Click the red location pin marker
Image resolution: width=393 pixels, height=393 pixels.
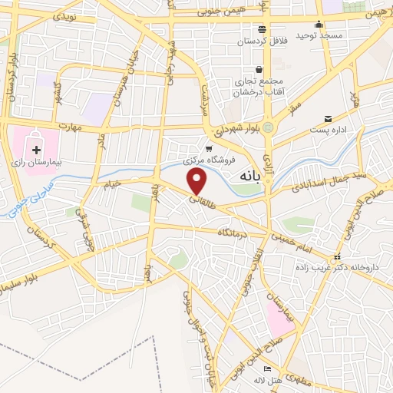198,182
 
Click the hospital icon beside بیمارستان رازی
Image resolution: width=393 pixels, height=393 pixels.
36,148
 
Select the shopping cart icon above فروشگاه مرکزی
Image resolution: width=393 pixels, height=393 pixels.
209,149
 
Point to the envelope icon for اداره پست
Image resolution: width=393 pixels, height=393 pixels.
329,118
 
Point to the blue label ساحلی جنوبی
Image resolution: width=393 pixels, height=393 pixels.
25,197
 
